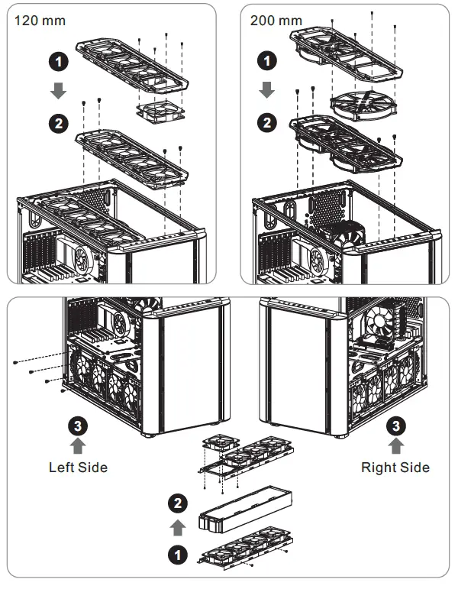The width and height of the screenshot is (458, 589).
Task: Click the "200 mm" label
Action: coord(276,21)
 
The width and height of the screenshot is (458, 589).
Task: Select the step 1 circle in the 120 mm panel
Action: coord(59,59)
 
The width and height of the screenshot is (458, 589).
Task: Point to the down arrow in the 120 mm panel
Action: coord(59,90)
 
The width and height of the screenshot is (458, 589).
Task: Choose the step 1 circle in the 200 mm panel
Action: coord(267,59)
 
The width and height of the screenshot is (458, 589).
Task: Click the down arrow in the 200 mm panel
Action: coord(267,90)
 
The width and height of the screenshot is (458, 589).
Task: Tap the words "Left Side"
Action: coord(78,467)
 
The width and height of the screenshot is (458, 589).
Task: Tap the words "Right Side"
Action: coord(395,467)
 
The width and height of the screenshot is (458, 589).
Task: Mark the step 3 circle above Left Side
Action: coord(77,425)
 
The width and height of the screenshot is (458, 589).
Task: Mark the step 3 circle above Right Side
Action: coord(397,425)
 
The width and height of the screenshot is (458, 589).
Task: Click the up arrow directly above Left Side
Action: coord(77,446)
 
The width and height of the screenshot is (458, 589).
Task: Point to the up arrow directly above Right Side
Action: coord(397,446)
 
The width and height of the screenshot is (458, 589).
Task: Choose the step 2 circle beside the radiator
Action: coord(177,503)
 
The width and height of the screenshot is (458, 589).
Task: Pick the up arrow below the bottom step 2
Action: coord(177,527)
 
